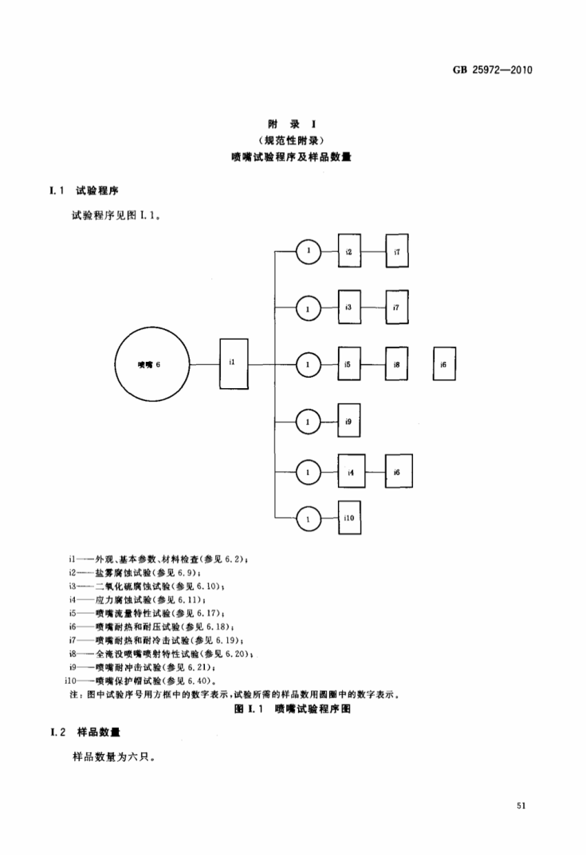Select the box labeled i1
pos(231,363)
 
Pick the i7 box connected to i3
pos(397,307)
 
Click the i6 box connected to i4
pos(397,473)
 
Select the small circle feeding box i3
pos(307,307)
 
